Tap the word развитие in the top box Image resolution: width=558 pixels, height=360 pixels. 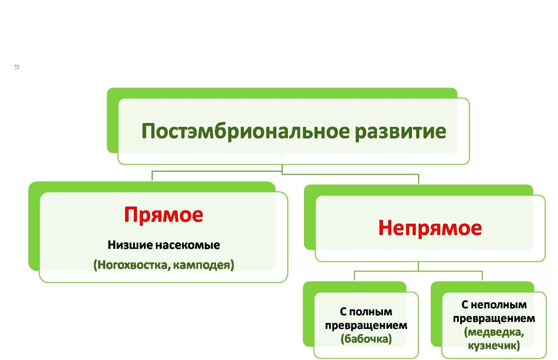tap(400, 131)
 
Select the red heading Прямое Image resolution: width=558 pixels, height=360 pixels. tap(164, 215)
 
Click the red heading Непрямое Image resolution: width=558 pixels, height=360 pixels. tap(430, 228)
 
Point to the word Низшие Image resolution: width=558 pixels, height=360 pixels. tap(130, 245)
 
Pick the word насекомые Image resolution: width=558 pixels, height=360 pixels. tap(187, 245)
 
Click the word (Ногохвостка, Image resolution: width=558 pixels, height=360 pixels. tap(131, 265)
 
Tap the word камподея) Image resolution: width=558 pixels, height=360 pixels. tap(203, 265)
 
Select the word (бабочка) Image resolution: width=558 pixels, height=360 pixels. tap(366, 339)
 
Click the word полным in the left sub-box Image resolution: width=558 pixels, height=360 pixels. tap(371, 312)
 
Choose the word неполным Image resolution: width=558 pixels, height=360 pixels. tap(499, 305)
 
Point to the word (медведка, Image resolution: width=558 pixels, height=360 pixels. tap(494, 332)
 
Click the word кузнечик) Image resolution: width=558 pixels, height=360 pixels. tap(494, 346)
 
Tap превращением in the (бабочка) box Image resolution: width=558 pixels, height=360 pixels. tap(366, 325)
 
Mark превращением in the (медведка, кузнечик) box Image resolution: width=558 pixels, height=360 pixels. tap(494, 318)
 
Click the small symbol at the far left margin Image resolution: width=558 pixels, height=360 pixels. tap(17, 66)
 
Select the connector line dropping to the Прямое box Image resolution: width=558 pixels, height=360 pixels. tap(152, 176)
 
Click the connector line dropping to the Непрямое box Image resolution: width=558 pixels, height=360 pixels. tap(418, 179)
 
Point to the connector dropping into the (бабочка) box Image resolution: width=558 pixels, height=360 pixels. tap(355, 275)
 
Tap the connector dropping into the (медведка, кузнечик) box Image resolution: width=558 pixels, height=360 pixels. tap(482, 275)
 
